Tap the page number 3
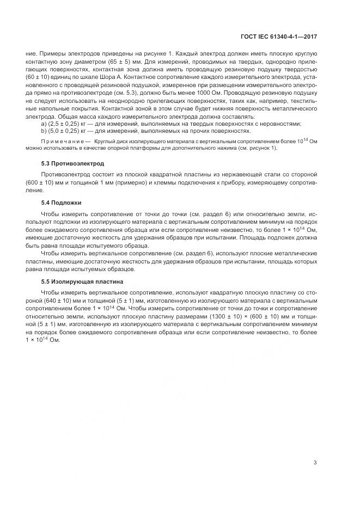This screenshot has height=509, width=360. click(x=315, y=463)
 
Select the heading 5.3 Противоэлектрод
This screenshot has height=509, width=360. click(x=72, y=163)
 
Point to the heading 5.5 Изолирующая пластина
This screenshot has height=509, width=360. click(x=82, y=281)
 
